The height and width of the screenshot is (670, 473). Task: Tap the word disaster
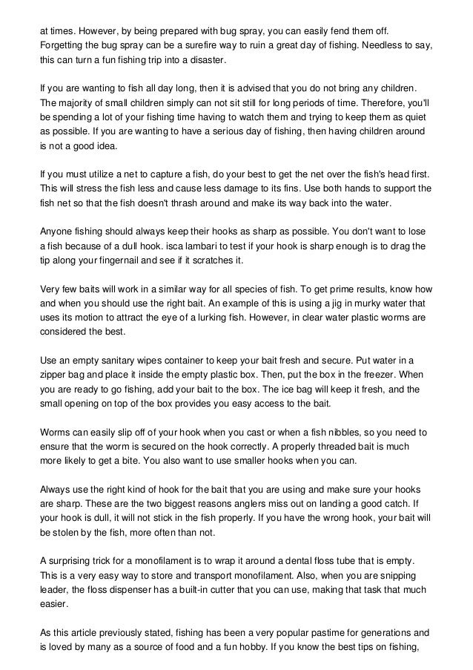coord(210,60)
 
